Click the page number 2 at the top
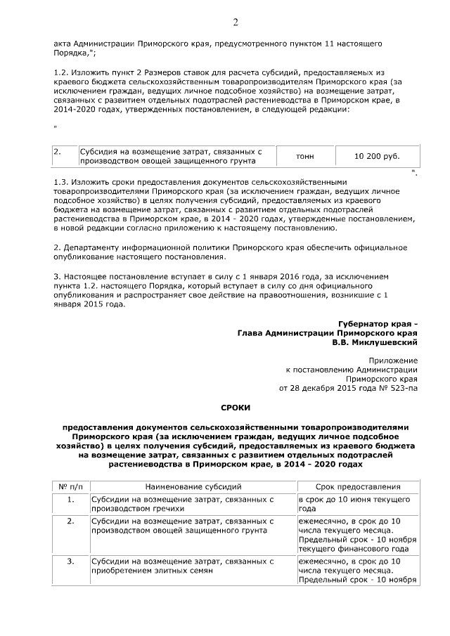(x=236, y=22)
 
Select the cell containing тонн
(x=305, y=156)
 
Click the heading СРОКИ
(x=236, y=408)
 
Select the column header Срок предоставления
(x=359, y=486)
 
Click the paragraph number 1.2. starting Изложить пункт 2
(x=63, y=73)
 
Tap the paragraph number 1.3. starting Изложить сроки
(x=63, y=182)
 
